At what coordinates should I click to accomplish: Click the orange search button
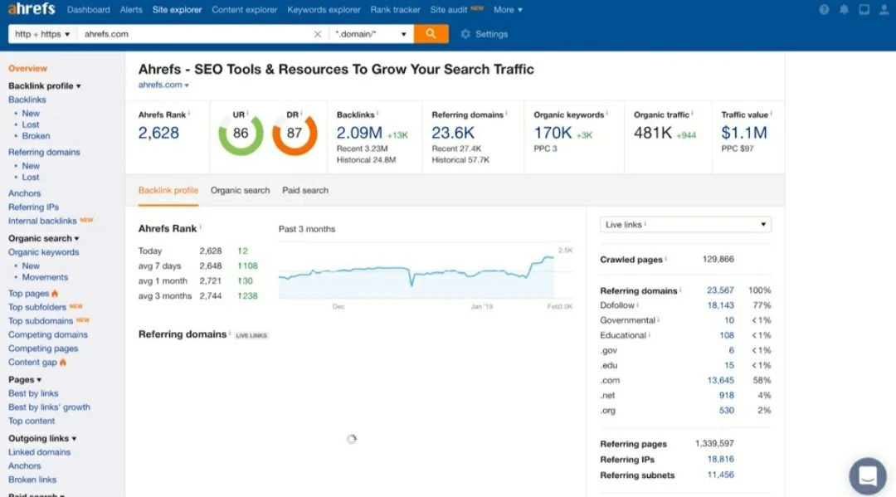pyautogui.click(x=431, y=34)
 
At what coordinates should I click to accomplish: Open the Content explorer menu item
pyautogui.click(x=245, y=10)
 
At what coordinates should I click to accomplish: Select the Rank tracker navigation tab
pyautogui.click(x=395, y=10)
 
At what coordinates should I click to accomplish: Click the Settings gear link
pyautogui.click(x=484, y=34)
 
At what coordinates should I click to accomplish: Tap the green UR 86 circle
pyautogui.click(x=241, y=133)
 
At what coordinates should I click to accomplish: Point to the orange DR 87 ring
pyautogui.click(x=295, y=133)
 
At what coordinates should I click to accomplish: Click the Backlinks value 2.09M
pyautogui.click(x=359, y=133)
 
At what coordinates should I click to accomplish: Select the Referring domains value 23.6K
pyautogui.click(x=453, y=133)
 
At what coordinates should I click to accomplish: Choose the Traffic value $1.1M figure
pyautogui.click(x=744, y=133)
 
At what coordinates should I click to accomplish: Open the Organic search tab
pyautogui.click(x=240, y=190)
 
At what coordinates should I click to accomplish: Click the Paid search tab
pyautogui.click(x=305, y=190)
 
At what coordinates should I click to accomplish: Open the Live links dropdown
pyautogui.click(x=685, y=225)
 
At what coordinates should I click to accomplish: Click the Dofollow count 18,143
pyautogui.click(x=720, y=305)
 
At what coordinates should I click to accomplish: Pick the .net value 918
pyautogui.click(x=727, y=395)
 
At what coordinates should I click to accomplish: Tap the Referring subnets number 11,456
pyautogui.click(x=720, y=475)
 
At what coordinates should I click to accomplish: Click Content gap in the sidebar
pyautogui.click(x=33, y=363)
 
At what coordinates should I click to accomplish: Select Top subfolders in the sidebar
pyautogui.click(x=37, y=307)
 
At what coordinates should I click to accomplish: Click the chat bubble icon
pyautogui.click(x=868, y=476)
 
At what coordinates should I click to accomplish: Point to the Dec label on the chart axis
pyautogui.click(x=338, y=306)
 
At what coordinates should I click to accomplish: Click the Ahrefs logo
pyautogui.click(x=32, y=10)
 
